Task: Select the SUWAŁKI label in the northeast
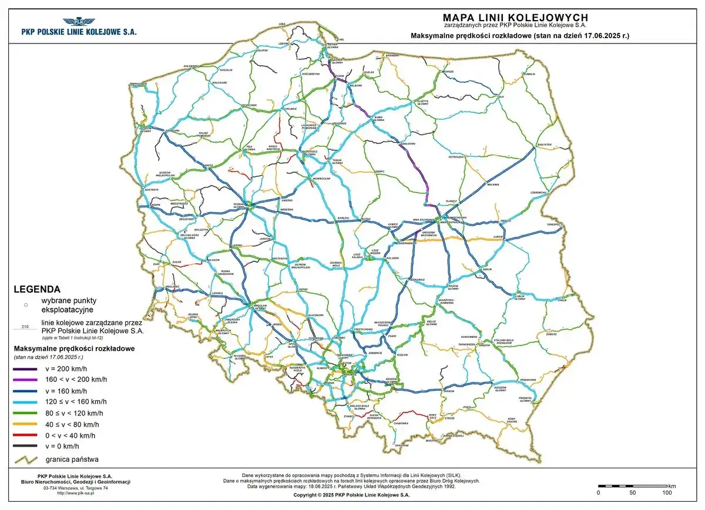tap(529, 75)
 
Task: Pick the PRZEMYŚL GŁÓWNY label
tap(523, 400)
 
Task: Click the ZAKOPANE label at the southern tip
tap(402, 445)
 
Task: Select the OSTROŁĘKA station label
tap(456, 157)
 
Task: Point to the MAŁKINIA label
tap(492, 184)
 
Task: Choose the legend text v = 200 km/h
tap(66, 369)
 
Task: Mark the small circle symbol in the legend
tap(25, 305)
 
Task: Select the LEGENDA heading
tap(36, 289)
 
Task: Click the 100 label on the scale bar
tap(667, 492)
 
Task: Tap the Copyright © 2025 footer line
tap(352, 495)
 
